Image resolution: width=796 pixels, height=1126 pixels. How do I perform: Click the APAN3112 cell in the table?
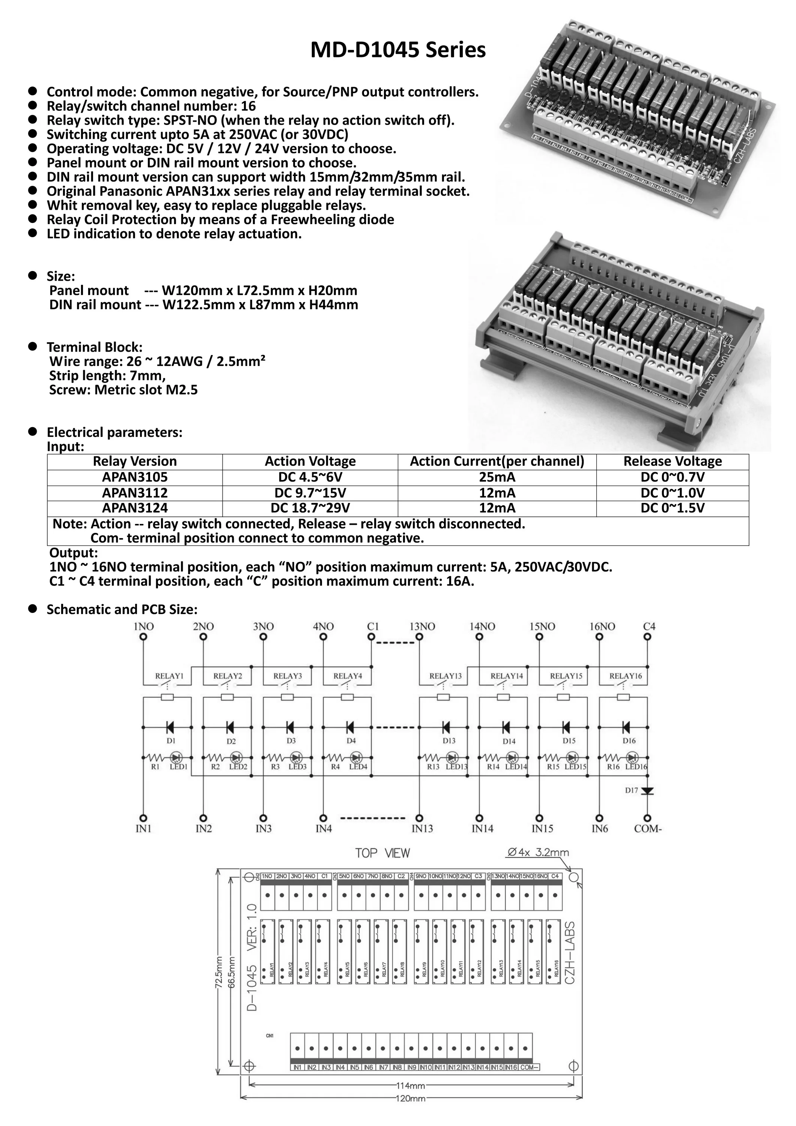pyautogui.click(x=135, y=493)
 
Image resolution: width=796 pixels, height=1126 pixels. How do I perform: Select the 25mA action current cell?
pyautogui.click(x=497, y=477)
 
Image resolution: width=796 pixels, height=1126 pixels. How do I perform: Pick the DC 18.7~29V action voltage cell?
pyautogui.click(x=310, y=508)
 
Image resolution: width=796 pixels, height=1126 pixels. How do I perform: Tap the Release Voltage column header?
pyautogui.click(x=673, y=462)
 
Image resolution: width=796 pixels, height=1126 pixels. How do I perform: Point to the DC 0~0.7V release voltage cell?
pyautogui.click(x=673, y=477)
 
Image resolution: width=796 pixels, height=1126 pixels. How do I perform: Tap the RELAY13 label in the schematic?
pyautogui.click(x=445, y=676)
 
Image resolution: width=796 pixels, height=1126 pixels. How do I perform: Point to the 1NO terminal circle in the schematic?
pyautogui.click(x=143, y=637)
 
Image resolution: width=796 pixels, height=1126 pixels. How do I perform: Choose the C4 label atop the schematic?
pyautogui.click(x=649, y=626)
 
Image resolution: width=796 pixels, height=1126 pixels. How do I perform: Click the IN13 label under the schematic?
pyautogui.click(x=422, y=829)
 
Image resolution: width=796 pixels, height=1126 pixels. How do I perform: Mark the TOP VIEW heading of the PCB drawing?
pyautogui.click(x=382, y=854)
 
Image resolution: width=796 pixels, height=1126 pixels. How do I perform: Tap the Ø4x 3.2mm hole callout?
pyautogui.click(x=538, y=853)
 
